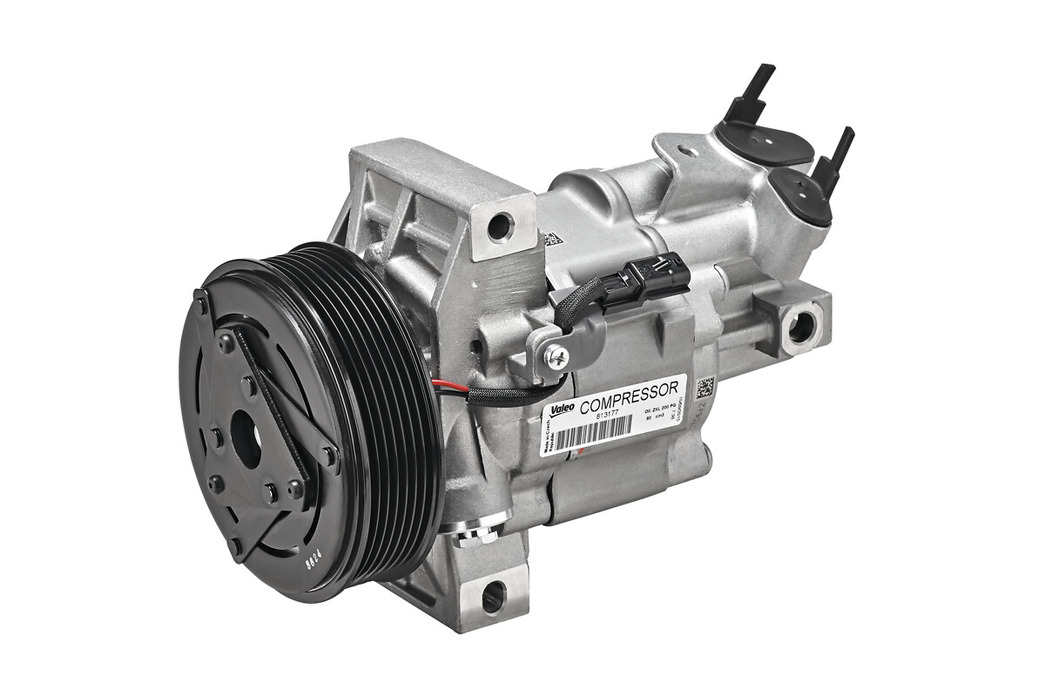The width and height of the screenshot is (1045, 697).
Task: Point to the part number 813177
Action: (609, 416)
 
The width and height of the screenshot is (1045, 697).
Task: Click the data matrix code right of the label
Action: (705, 386)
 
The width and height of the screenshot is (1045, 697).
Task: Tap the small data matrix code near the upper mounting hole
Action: (551, 239)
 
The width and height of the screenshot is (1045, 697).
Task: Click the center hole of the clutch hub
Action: (246, 443)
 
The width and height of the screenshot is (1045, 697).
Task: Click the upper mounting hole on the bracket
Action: (500, 227)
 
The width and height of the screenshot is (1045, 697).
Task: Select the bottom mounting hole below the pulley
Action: (492, 597)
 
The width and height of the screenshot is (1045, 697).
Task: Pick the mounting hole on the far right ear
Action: (799, 327)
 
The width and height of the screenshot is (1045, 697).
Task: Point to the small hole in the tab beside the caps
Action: (689, 152)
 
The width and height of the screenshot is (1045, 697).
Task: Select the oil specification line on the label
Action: (659, 408)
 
